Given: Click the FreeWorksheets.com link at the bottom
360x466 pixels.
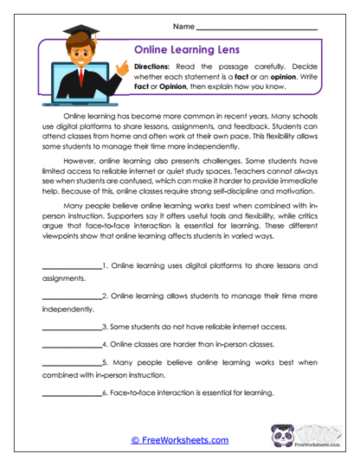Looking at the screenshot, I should tap(180, 440).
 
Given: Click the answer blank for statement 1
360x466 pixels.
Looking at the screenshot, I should tap(71, 268).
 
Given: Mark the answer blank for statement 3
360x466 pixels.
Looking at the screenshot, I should tap(71, 328).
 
